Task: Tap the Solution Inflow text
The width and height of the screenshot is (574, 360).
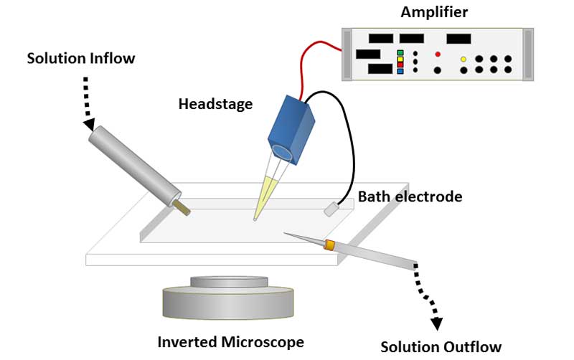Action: (80, 57)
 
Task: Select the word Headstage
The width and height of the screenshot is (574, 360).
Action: (215, 104)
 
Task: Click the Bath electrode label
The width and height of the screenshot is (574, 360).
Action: (409, 196)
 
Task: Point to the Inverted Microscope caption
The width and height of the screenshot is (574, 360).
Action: (230, 341)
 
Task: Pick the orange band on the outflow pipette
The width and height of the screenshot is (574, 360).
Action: (329, 245)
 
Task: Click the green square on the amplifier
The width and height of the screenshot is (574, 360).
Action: (400, 52)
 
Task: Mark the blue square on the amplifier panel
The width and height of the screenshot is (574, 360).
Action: (400, 72)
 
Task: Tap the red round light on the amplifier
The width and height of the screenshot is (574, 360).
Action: (437, 54)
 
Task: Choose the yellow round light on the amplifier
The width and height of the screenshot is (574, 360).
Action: (464, 59)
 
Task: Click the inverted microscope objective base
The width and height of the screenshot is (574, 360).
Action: (228, 301)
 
